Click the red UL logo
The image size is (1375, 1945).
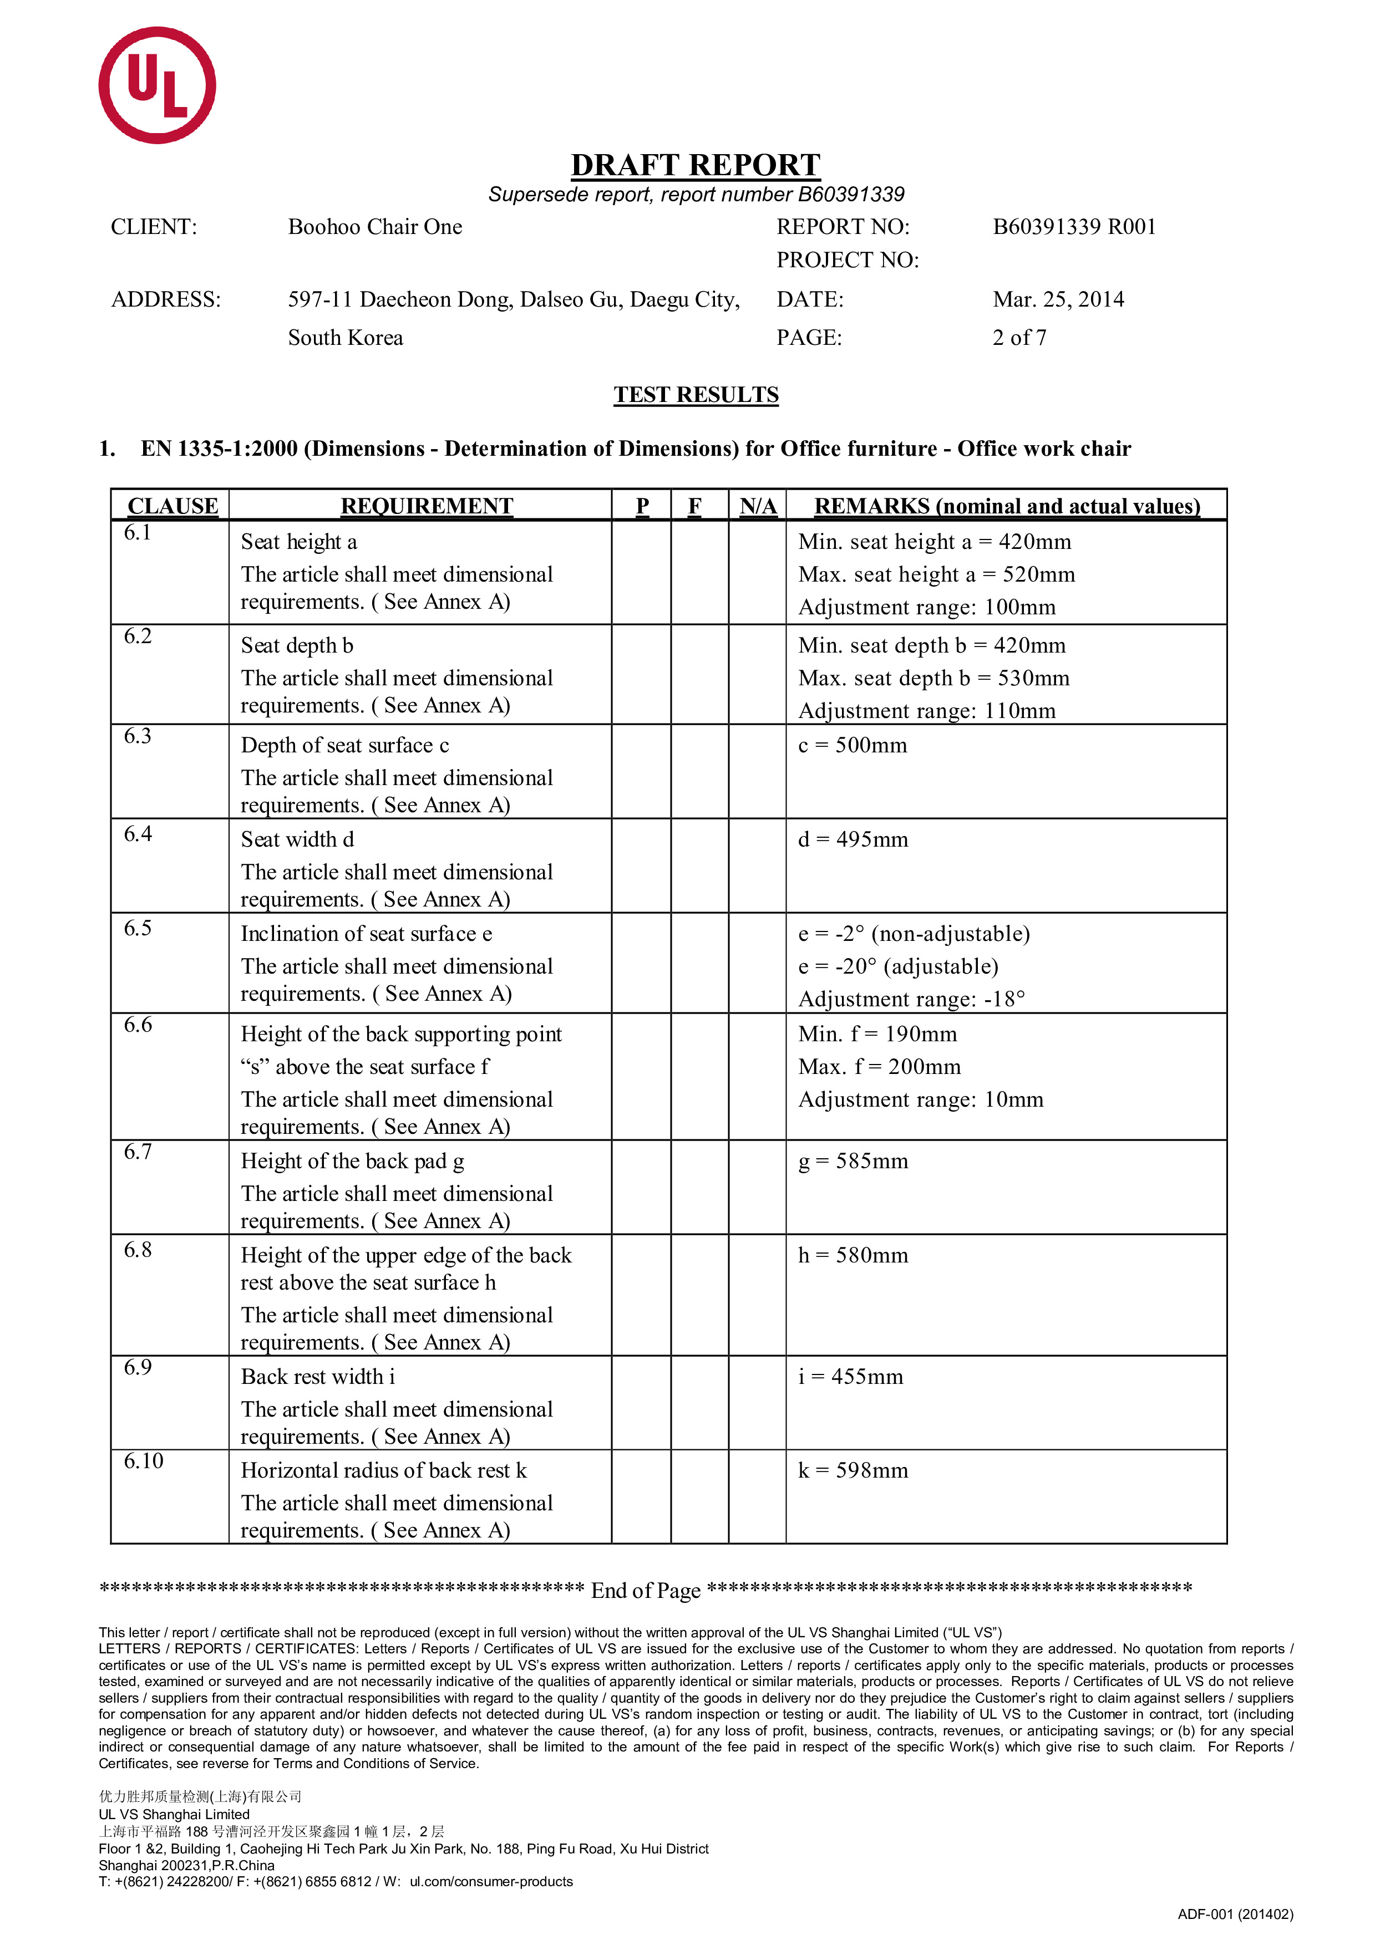(x=157, y=85)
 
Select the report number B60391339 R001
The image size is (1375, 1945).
(x=1073, y=227)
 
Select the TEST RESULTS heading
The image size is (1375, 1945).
(x=696, y=395)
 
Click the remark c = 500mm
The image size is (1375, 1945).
(x=853, y=746)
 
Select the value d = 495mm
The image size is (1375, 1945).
(x=853, y=839)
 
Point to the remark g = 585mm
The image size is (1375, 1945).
(x=853, y=1162)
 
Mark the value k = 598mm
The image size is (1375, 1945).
(x=853, y=1470)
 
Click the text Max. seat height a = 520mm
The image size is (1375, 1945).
(x=936, y=574)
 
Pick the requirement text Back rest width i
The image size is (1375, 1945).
(x=318, y=1377)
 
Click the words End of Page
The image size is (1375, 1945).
(x=646, y=1591)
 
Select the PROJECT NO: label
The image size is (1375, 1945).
(x=847, y=260)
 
